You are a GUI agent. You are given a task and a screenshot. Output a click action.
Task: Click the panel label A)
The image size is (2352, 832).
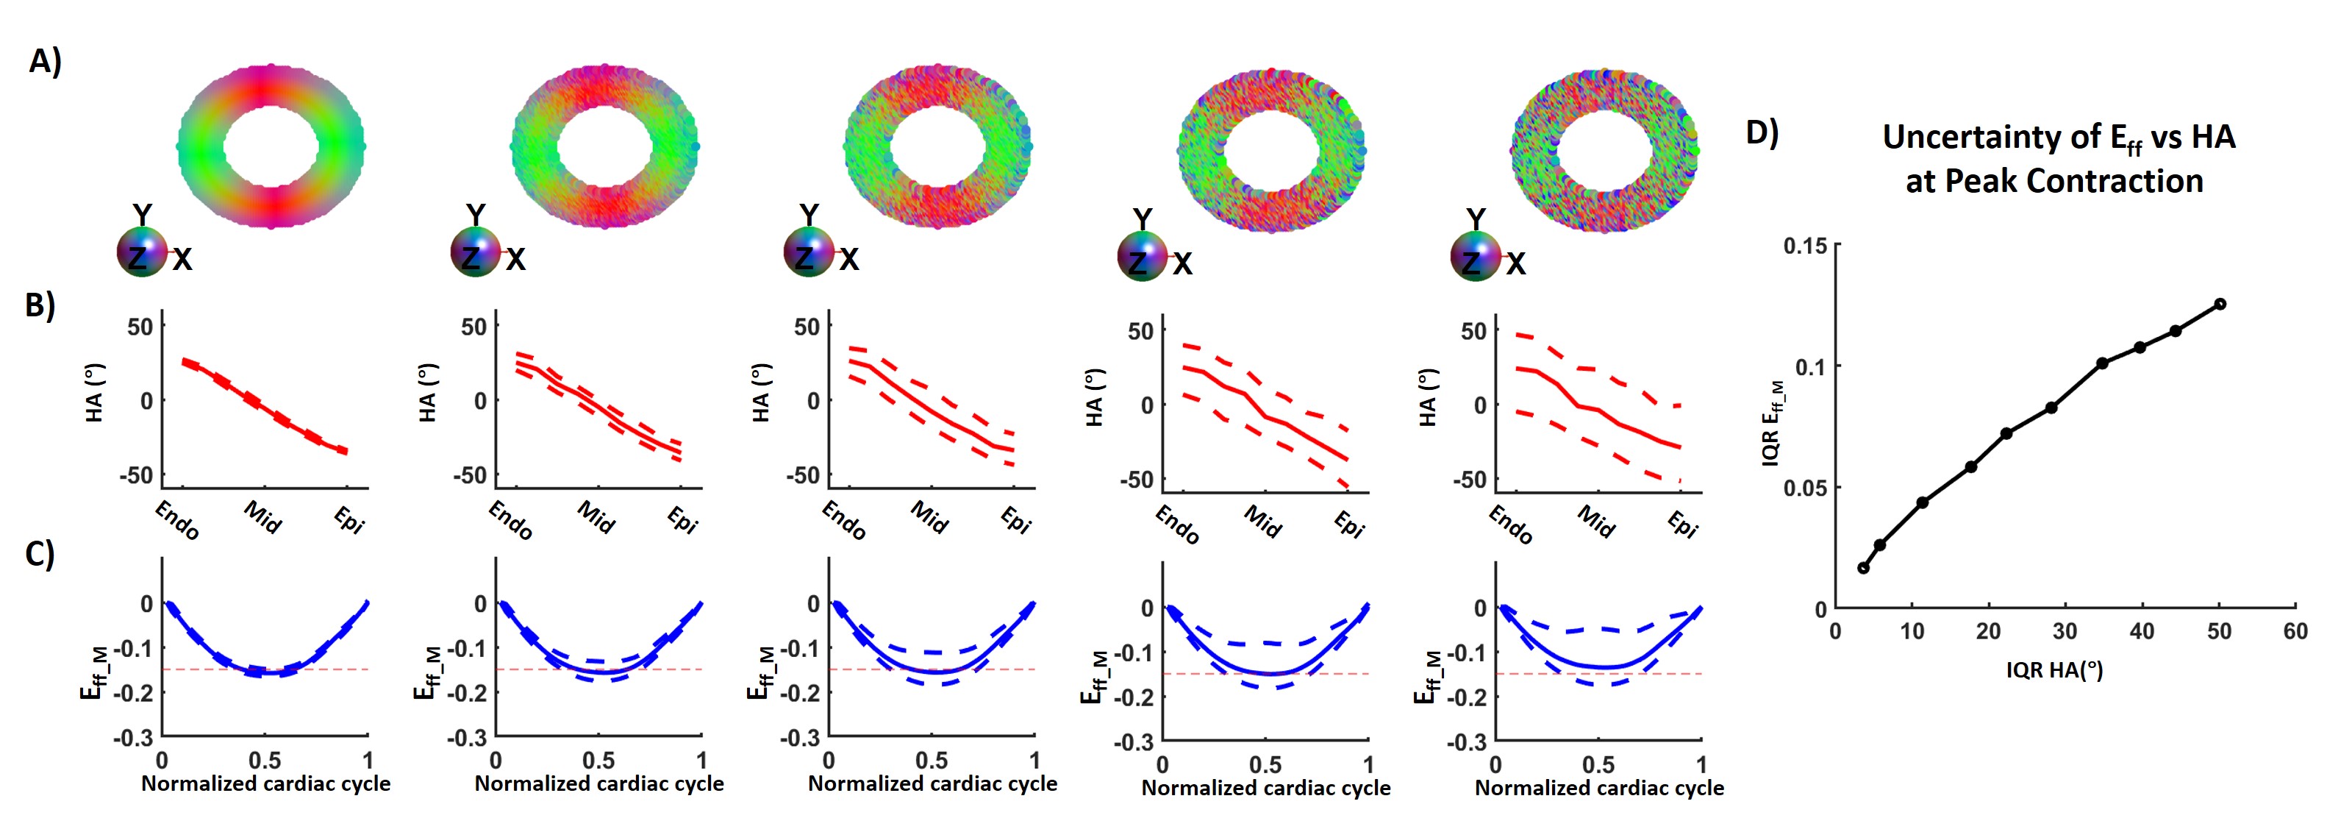(x=45, y=61)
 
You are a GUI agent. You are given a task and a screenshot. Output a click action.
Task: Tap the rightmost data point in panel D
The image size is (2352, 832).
(x=2220, y=304)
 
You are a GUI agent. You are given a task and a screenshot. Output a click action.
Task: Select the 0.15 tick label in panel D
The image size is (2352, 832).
(x=1805, y=246)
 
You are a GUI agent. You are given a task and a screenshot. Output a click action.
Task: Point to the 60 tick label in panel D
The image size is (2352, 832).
(x=2295, y=631)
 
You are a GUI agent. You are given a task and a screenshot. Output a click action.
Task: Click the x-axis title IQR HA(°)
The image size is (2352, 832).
(x=2054, y=670)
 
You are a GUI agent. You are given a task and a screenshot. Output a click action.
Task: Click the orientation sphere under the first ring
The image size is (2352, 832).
(x=141, y=253)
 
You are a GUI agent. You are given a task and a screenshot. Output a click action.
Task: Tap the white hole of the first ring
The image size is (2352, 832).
(x=271, y=146)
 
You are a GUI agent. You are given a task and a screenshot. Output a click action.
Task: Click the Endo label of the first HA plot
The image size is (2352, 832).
(x=176, y=521)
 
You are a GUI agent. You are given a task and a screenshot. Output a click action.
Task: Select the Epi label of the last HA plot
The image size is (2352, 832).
(x=1681, y=525)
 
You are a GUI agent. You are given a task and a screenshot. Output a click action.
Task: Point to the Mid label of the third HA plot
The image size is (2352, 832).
(x=929, y=518)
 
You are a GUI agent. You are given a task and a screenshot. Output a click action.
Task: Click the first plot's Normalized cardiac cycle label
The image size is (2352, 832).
(x=265, y=783)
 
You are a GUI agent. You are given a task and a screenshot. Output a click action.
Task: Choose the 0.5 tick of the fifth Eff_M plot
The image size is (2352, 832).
(x=1598, y=764)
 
